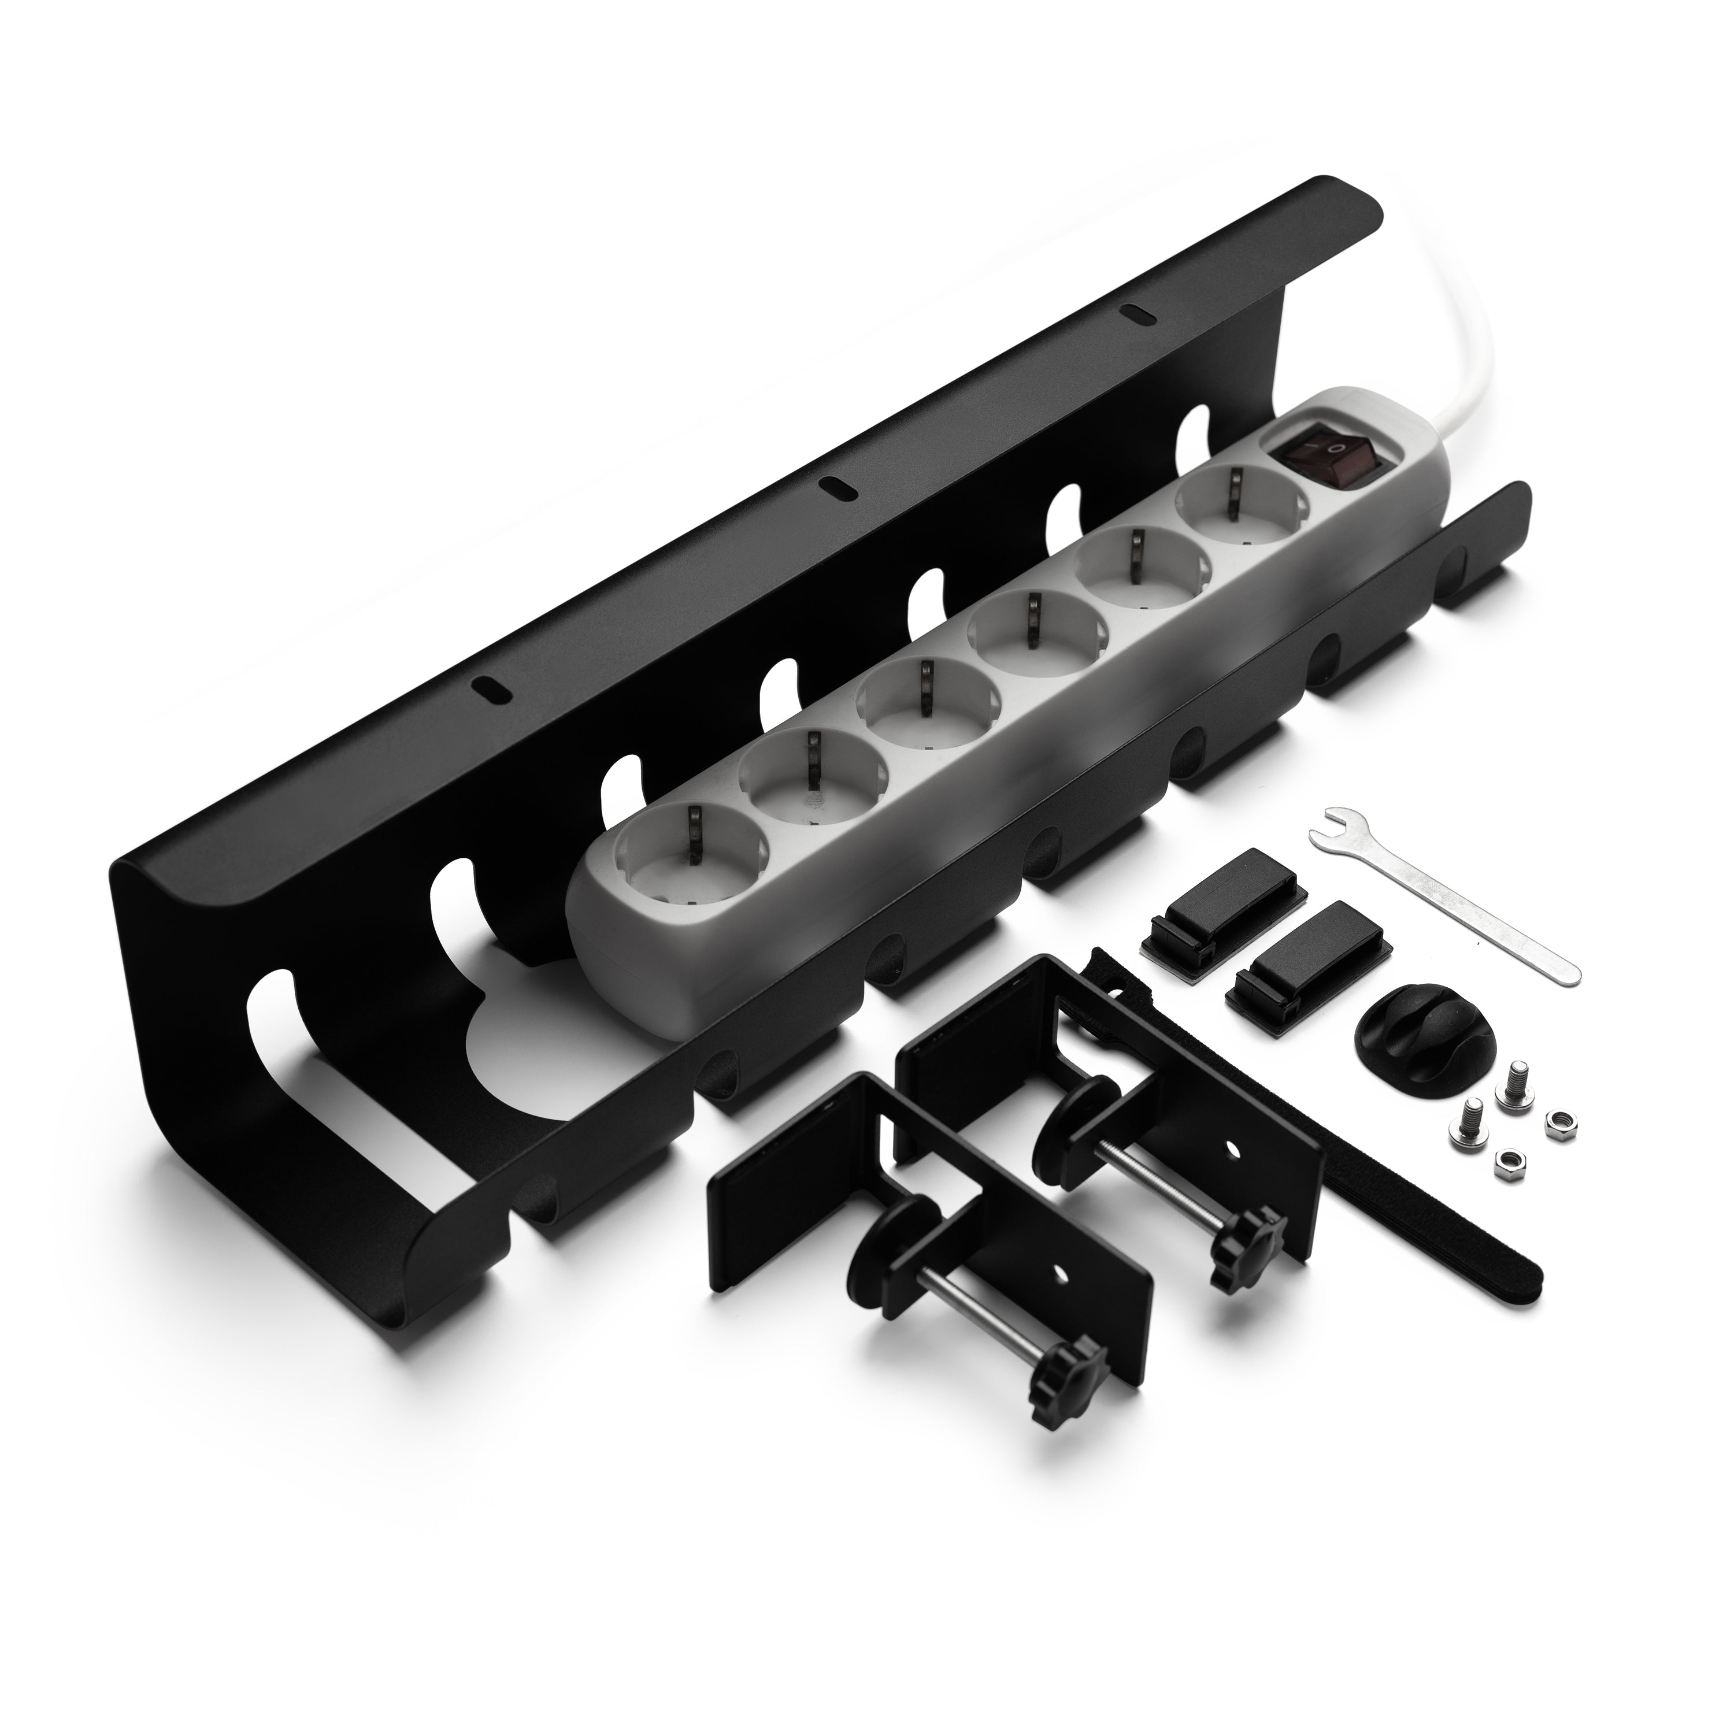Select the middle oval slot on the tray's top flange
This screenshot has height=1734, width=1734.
(x=838, y=487)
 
